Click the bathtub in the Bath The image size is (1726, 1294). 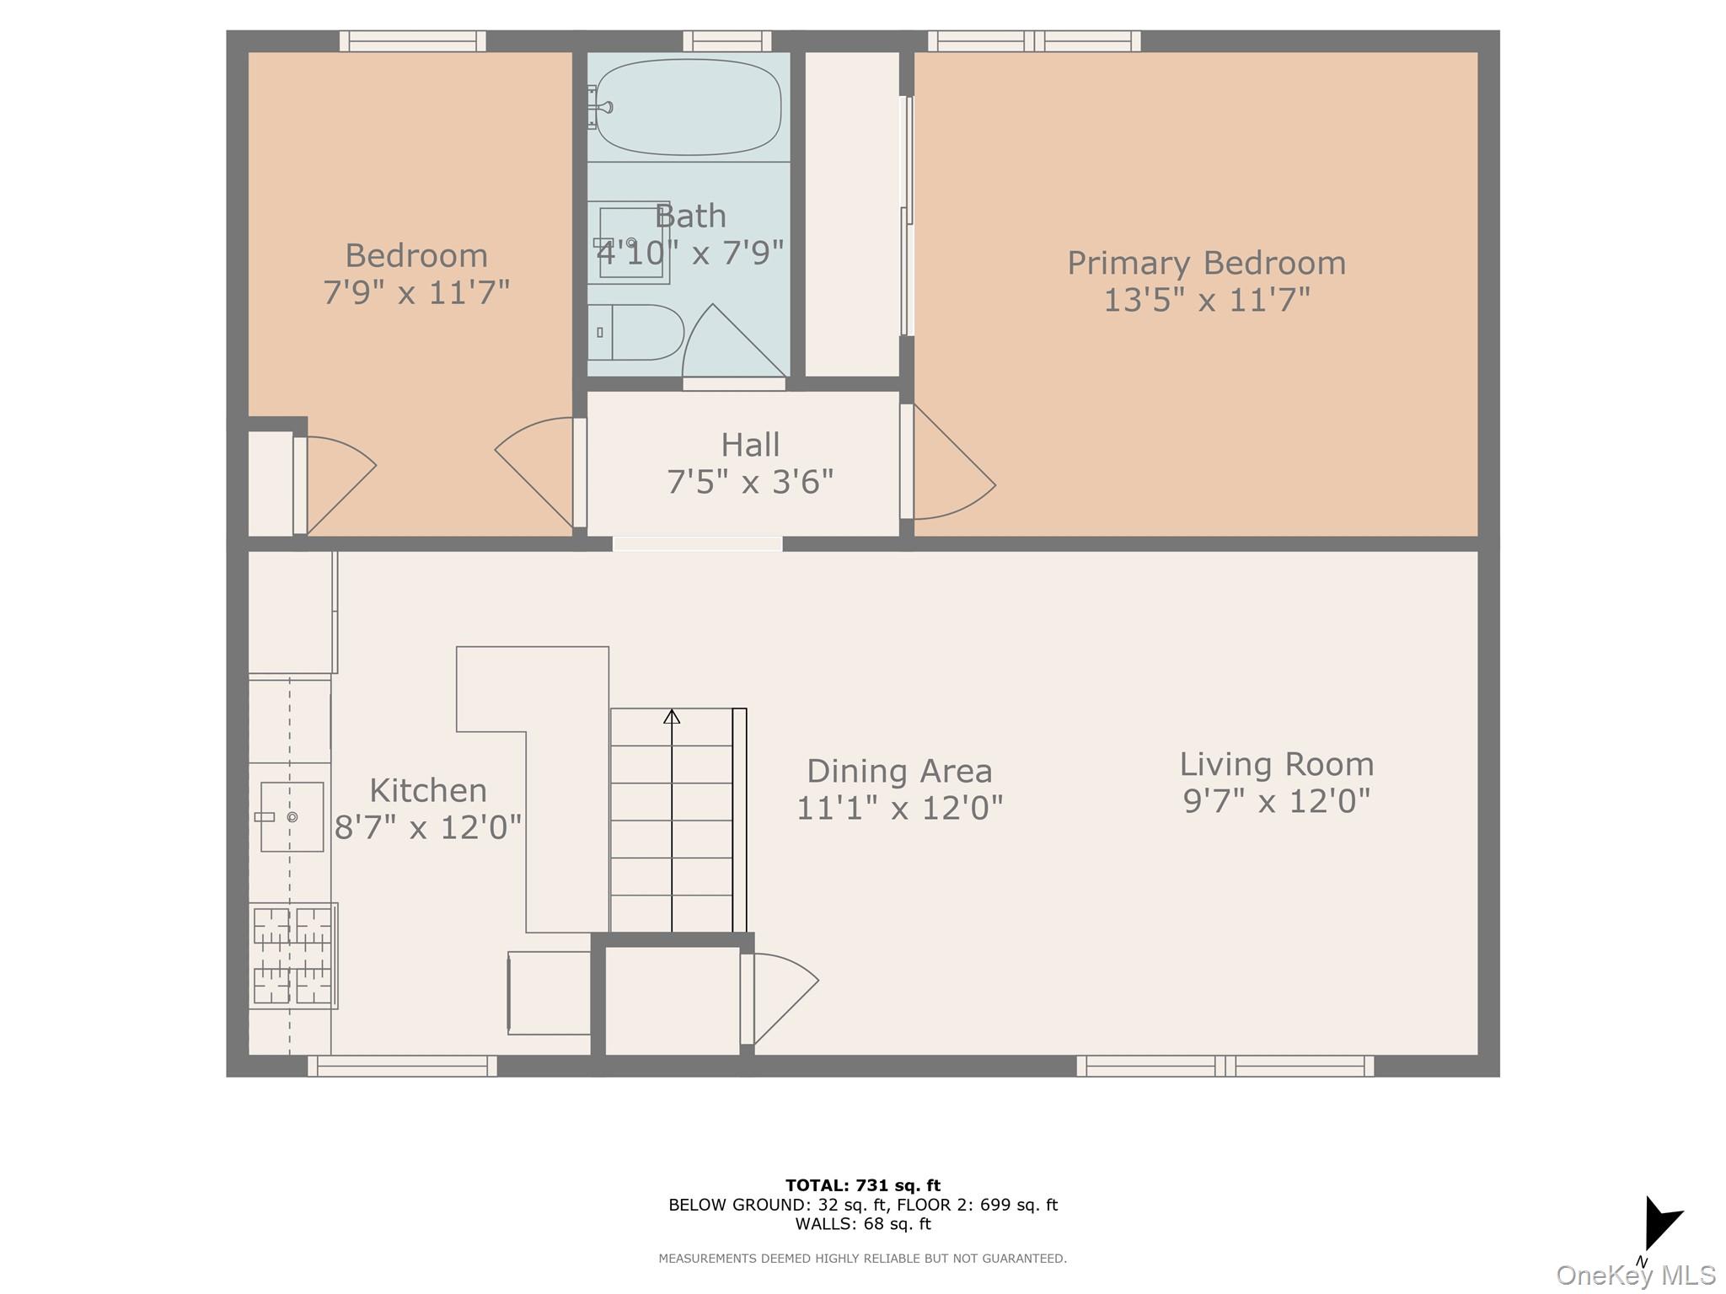click(x=688, y=107)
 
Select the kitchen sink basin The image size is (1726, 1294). click(x=292, y=816)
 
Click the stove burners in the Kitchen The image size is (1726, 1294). click(x=292, y=955)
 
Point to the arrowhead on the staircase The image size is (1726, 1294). click(x=672, y=717)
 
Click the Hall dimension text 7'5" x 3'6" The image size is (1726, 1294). click(x=750, y=482)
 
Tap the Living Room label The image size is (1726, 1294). click(x=1276, y=764)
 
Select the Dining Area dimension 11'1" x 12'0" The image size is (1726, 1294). click(x=899, y=808)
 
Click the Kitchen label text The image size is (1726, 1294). click(x=428, y=790)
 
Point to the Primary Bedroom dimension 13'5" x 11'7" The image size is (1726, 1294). click(x=1206, y=300)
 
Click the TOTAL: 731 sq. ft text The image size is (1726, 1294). click(x=862, y=1185)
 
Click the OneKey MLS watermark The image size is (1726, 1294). click(x=1635, y=1275)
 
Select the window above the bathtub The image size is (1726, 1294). click(x=726, y=40)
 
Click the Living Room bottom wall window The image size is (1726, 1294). click(x=1225, y=1066)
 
